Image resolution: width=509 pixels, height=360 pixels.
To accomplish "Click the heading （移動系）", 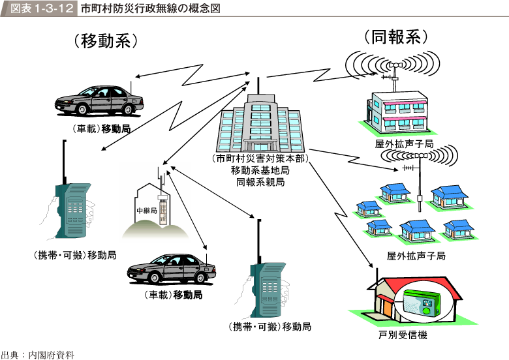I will [x=105, y=41].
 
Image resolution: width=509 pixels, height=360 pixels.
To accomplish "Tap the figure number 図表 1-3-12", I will [x=38, y=9].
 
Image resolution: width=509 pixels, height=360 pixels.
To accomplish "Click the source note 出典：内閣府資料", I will [x=38, y=354].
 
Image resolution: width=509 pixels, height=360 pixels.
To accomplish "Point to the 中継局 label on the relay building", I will [x=146, y=211].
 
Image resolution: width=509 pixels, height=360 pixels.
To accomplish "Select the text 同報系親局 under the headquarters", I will [x=259, y=182].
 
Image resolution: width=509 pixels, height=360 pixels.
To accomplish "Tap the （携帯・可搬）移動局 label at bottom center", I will [x=269, y=326].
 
